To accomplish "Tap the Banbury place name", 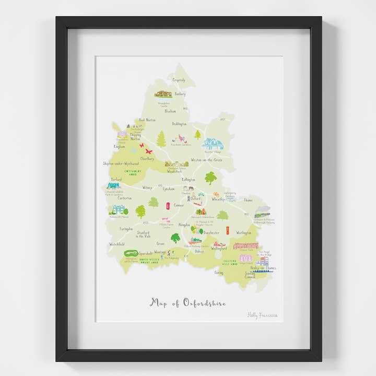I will (180, 95).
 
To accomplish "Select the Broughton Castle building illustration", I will (163, 94).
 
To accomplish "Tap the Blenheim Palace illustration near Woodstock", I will (177, 164).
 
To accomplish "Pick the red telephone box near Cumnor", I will (168, 206).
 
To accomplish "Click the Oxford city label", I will (195, 198).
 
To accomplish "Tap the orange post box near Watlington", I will (228, 230).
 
